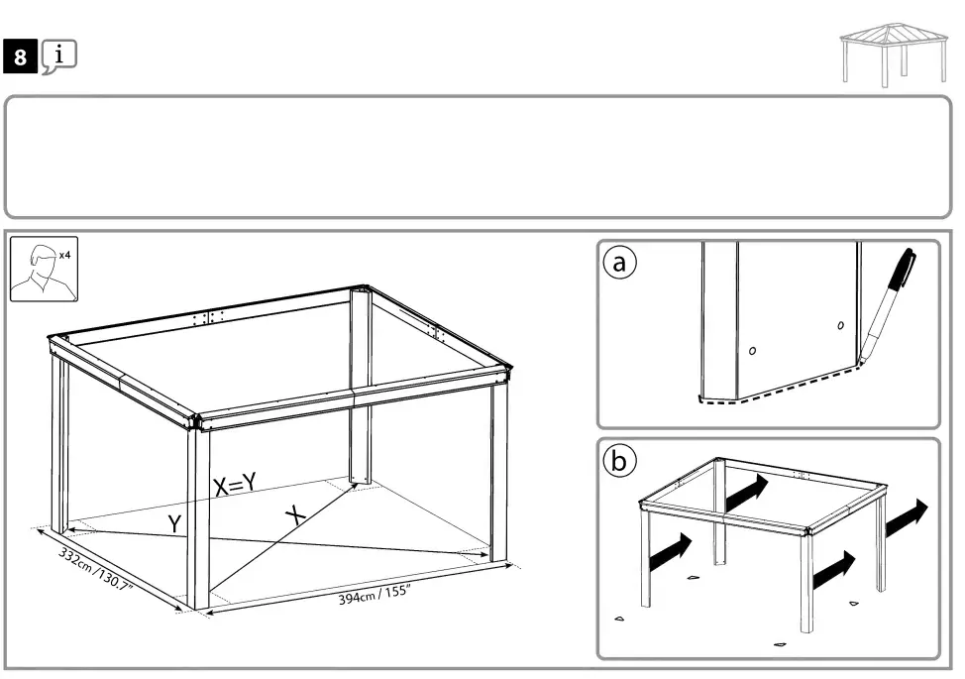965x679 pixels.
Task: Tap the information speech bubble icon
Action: (x=59, y=57)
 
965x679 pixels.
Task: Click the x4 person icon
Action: (x=43, y=269)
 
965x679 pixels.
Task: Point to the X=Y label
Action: (x=235, y=484)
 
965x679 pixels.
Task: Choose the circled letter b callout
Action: (x=620, y=461)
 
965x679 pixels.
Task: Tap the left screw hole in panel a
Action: (x=753, y=350)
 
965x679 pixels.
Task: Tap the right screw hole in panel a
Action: (x=840, y=324)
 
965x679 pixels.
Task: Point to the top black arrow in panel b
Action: (x=745, y=493)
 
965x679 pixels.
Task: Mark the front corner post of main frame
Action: (x=198, y=515)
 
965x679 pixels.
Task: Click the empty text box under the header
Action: (x=482, y=157)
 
